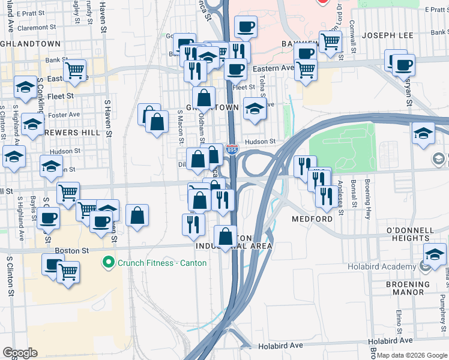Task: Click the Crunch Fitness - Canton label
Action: pyautogui.click(x=162, y=263)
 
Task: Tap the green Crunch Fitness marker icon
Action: pyautogui.click(x=109, y=262)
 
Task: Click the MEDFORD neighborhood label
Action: pyautogui.click(x=312, y=219)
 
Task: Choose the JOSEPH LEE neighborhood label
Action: pyautogui.click(x=388, y=35)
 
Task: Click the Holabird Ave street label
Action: pyautogui.click(x=281, y=346)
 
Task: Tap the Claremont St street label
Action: pyautogui.click(x=37, y=28)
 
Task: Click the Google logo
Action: pyautogui.click(x=20, y=353)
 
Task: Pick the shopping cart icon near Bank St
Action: pyautogui.click(x=74, y=70)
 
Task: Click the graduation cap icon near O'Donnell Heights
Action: pyautogui.click(x=435, y=253)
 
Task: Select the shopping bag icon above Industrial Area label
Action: pyautogui.click(x=225, y=236)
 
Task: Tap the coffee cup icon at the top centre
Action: pyautogui.click(x=246, y=27)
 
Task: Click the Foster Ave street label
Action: pyautogui.click(x=65, y=114)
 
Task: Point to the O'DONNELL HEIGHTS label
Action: pyautogui.click(x=408, y=234)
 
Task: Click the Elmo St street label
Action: pyautogui.click(x=398, y=320)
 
